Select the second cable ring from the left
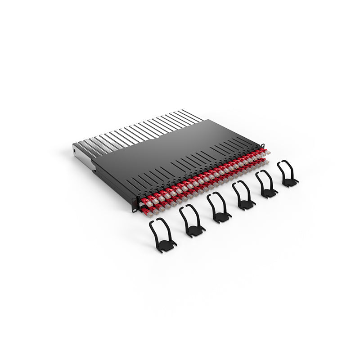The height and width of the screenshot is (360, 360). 192,220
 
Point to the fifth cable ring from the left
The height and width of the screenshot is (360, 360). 267,185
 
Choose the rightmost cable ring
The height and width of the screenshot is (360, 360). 287,174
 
